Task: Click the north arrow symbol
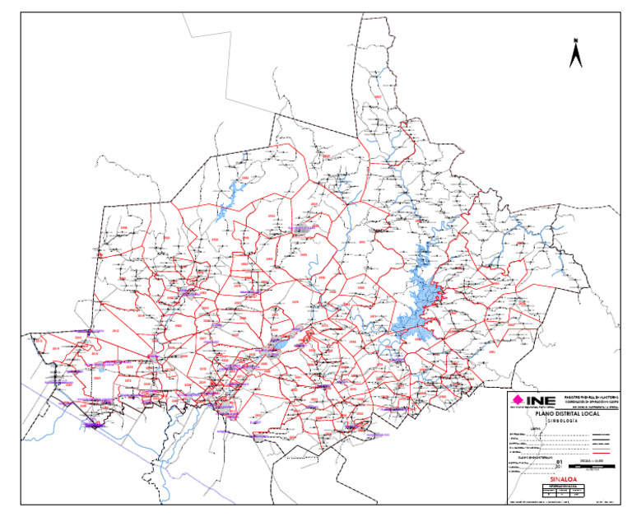click(576, 54)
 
